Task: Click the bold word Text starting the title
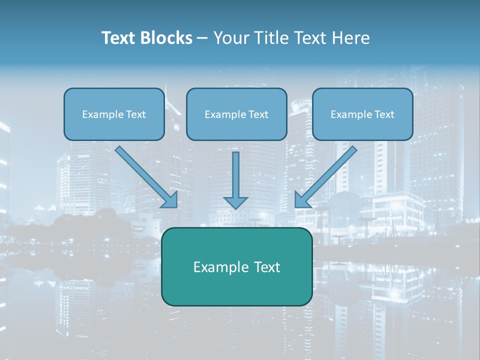point(118,38)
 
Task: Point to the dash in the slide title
point(202,38)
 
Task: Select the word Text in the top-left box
point(136,114)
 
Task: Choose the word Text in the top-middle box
point(258,114)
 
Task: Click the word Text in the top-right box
point(384,114)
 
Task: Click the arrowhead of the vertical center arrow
point(235,203)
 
